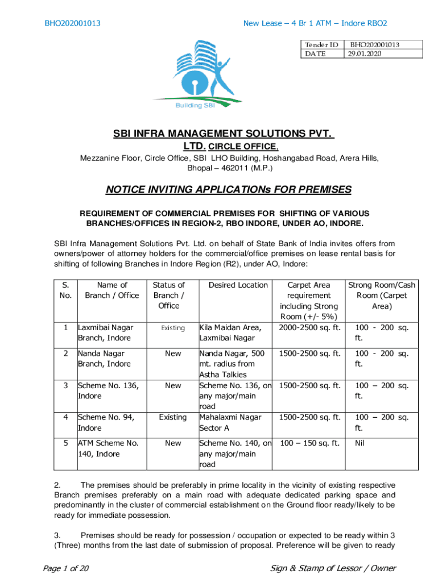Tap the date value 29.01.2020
pos(365,53)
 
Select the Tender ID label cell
pos(321,44)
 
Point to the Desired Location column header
pos(238,285)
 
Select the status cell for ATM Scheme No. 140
pos(172,443)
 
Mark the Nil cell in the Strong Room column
pos(360,443)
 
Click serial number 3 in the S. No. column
pos(66,385)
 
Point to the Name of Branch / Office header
pos(112,290)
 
